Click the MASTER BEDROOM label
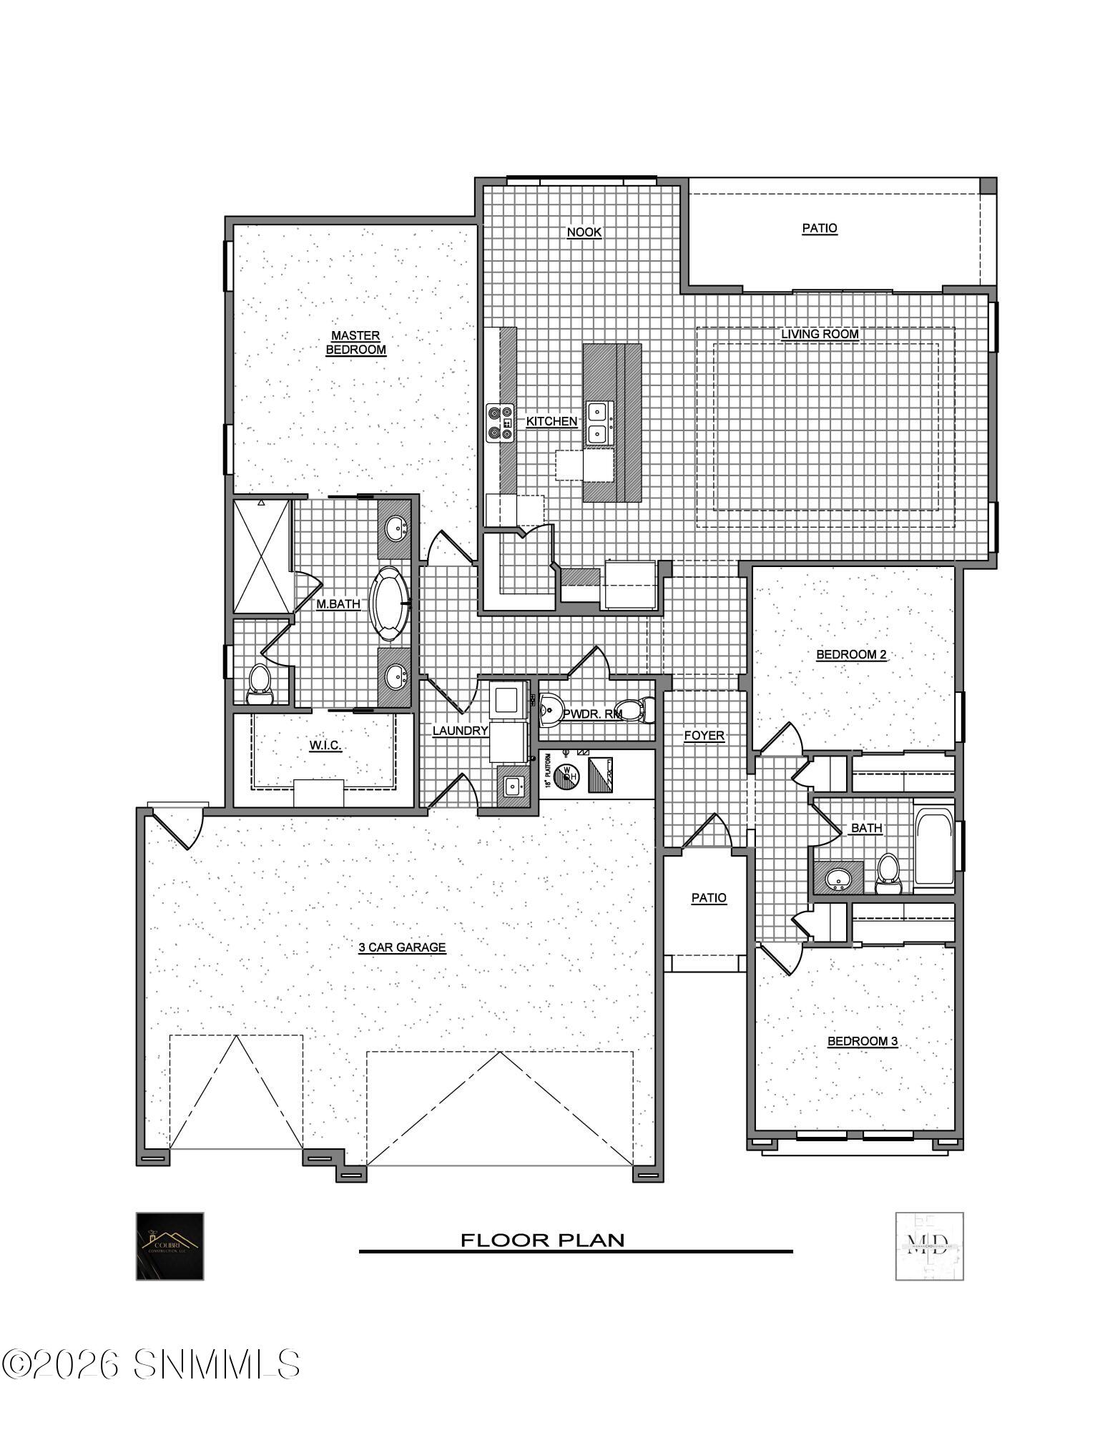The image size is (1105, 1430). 355,342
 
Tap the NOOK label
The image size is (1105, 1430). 584,232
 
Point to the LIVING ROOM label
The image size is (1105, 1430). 819,334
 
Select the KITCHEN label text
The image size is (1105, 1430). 551,422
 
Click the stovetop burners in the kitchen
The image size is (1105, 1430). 500,422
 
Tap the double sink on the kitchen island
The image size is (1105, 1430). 597,422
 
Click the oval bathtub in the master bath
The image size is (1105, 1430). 389,603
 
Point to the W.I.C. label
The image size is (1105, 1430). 325,746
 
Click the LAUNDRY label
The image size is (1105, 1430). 460,731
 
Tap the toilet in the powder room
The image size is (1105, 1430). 633,710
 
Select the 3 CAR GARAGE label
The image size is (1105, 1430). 402,947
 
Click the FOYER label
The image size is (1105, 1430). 704,735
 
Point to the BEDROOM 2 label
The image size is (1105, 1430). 851,654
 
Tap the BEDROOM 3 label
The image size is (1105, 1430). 862,1041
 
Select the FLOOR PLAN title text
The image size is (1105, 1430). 541,1240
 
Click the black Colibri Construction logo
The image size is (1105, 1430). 170,1246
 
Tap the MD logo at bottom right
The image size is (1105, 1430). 928,1246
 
